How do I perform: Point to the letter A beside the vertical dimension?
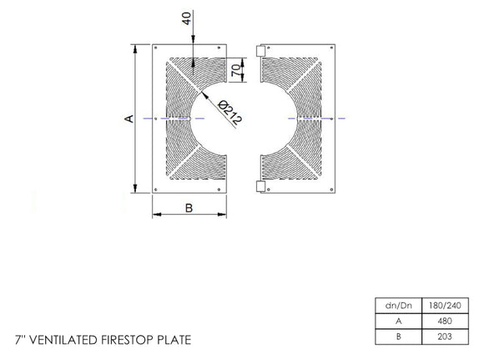(x=129, y=119)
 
